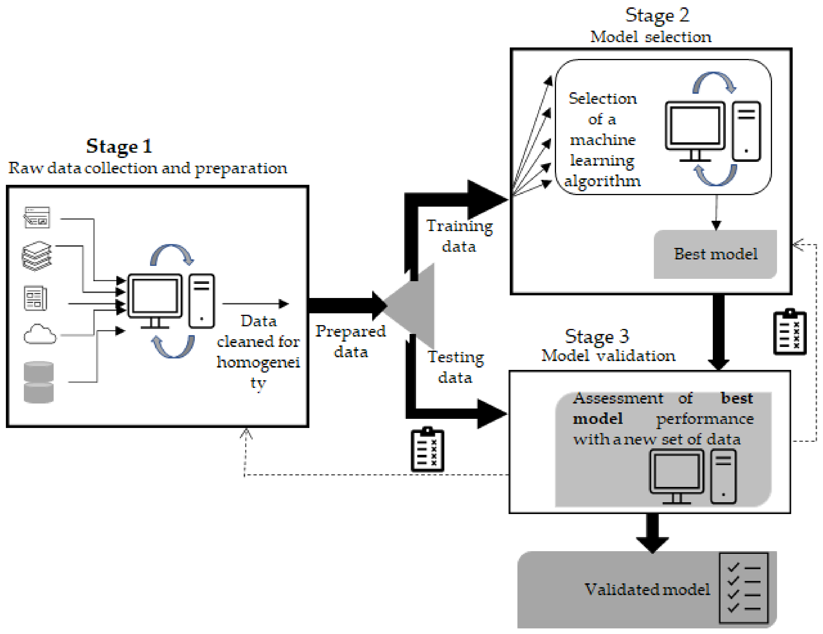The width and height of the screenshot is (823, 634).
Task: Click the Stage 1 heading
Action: [x=119, y=146]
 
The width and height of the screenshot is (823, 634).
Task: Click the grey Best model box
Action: [x=715, y=254]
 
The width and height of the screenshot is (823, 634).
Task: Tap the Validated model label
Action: [x=646, y=589]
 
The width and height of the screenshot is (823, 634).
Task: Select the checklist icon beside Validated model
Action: [x=743, y=588]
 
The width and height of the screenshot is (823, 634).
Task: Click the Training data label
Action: [x=459, y=236]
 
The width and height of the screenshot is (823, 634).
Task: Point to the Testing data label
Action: [x=455, y=367]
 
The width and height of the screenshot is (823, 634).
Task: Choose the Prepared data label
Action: [x=350, y=341]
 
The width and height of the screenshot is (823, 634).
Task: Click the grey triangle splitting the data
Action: [x=415, y=305]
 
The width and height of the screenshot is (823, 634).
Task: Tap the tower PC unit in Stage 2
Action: [x=746, y=131]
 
